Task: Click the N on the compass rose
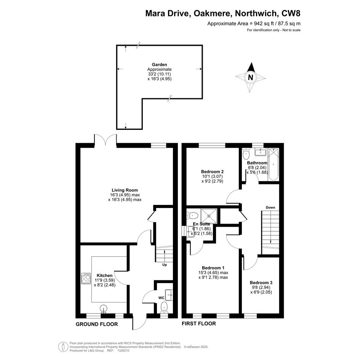click(x=251, y=77)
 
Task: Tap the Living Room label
click(x=125, y=190)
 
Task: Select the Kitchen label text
click(x=104, y=275)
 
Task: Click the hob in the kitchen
click(x=86, y=278)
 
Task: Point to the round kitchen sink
click(x=104, y=309)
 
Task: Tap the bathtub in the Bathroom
click(x=274, y=165)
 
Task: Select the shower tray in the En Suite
click(x=209, y=216)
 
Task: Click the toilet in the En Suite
click(x=193, y=216)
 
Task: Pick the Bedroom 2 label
click(x=212, y=171)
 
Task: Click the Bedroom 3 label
click(x=261, y=283)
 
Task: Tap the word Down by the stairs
click(x=270, y=208)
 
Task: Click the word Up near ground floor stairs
click(x=165, y=265)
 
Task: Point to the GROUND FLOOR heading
click(x=97, y=324)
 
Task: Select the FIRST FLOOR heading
click(x=199, y=323)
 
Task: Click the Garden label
click(x=159, y=65)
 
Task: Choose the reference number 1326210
click(x=124, y=350)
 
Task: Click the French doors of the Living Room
click(x=106, y=140)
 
